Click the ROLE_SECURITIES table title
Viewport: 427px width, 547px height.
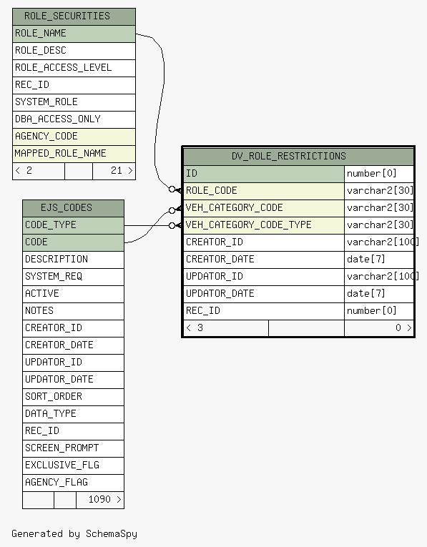point(67,16)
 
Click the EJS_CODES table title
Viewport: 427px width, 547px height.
point(67,207)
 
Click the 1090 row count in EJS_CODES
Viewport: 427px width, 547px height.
point(99,499)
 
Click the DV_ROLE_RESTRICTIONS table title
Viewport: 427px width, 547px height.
point(289,156)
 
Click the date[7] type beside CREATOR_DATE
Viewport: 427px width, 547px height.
point(366,259)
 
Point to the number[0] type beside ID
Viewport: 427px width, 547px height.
point(371,173)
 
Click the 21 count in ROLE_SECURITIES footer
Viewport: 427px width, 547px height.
point(116,171)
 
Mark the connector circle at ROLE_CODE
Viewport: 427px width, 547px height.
point(172,189)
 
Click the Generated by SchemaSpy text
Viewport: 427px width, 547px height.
point(74,533)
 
